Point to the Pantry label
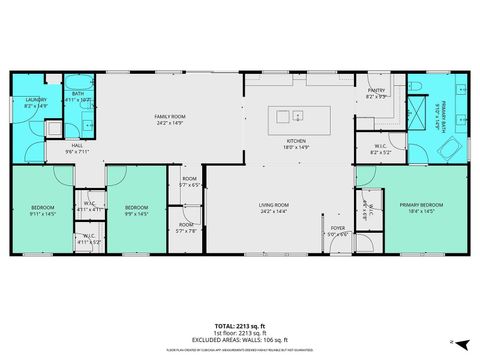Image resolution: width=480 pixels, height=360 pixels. (x=376, y=90)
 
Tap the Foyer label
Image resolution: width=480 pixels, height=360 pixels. (x=339, y=228)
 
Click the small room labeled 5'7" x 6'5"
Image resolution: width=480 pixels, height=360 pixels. (x=190, y=185)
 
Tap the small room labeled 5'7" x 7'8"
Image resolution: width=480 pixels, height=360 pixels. (x=188, y=229)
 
